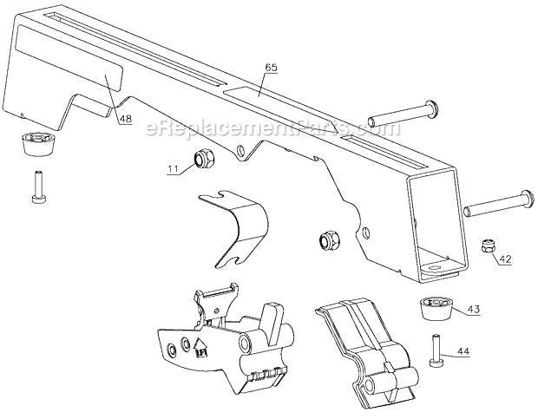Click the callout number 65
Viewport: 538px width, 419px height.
tap(271, 67)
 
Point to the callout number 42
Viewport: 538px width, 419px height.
tap(505, 258)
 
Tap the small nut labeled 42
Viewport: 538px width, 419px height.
tap(488, 248)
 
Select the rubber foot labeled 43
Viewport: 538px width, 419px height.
tap(435, 308)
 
